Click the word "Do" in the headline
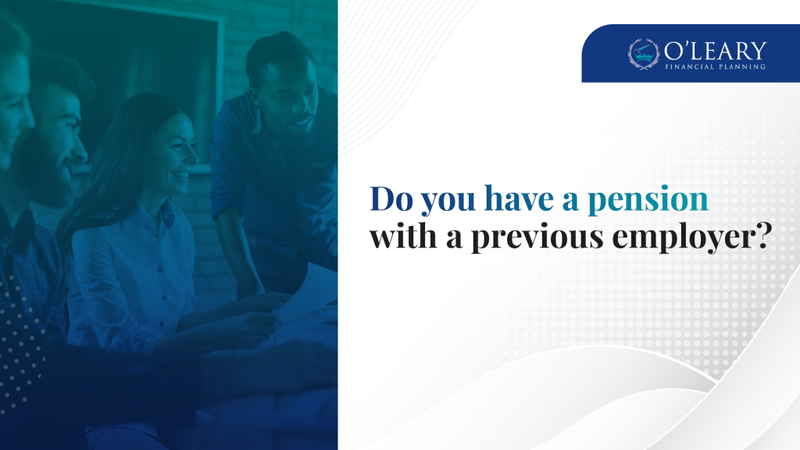(391, 198)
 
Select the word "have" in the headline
(519, 198)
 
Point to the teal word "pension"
(648, 200)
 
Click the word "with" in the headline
(404, 236)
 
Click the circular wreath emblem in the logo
(644, 54)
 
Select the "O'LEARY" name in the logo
(715, 51)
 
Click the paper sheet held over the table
(307, 294)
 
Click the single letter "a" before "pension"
(570, 201)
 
